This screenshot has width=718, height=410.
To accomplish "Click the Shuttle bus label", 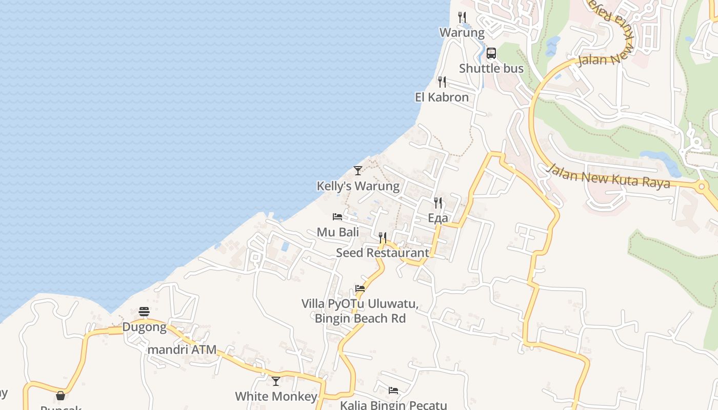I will click(x=491, y=69).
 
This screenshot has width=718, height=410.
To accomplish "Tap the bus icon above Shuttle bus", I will click(x=491, y=53).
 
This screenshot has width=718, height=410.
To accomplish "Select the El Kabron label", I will click(x=442, y=97).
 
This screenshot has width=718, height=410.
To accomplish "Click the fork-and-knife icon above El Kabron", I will click(x=442, y=82).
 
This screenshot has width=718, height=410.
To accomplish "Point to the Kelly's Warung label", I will click(x=358, y=186).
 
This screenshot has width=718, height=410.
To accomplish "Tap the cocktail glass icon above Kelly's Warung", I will click(x=358, y=171).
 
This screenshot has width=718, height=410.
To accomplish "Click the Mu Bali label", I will click(x=337, y=232).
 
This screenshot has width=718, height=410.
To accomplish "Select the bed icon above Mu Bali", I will click(x=337, y=217).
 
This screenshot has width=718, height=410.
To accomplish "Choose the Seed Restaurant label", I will click(x=383, y=253).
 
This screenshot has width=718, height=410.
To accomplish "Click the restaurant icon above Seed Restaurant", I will click(x=383, y=238).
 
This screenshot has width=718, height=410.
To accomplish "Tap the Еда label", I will click(x=438, y=218).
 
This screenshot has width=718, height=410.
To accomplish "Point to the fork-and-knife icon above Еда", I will click(x=438, y=203).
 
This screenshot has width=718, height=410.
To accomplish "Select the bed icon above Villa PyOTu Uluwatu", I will click(x=360, y=289).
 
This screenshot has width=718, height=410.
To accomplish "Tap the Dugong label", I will click(x=144, y=327).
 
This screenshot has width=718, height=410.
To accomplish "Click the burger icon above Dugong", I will click(x=144, y=312).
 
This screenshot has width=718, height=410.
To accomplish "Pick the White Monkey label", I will click(x=276, y=397).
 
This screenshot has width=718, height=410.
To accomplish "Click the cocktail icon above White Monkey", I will click(x=276, y=381).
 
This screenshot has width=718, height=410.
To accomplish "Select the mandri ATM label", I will click(x=182, y=351).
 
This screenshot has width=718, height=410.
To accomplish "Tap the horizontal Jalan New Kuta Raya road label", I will click(x=609, y=176).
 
